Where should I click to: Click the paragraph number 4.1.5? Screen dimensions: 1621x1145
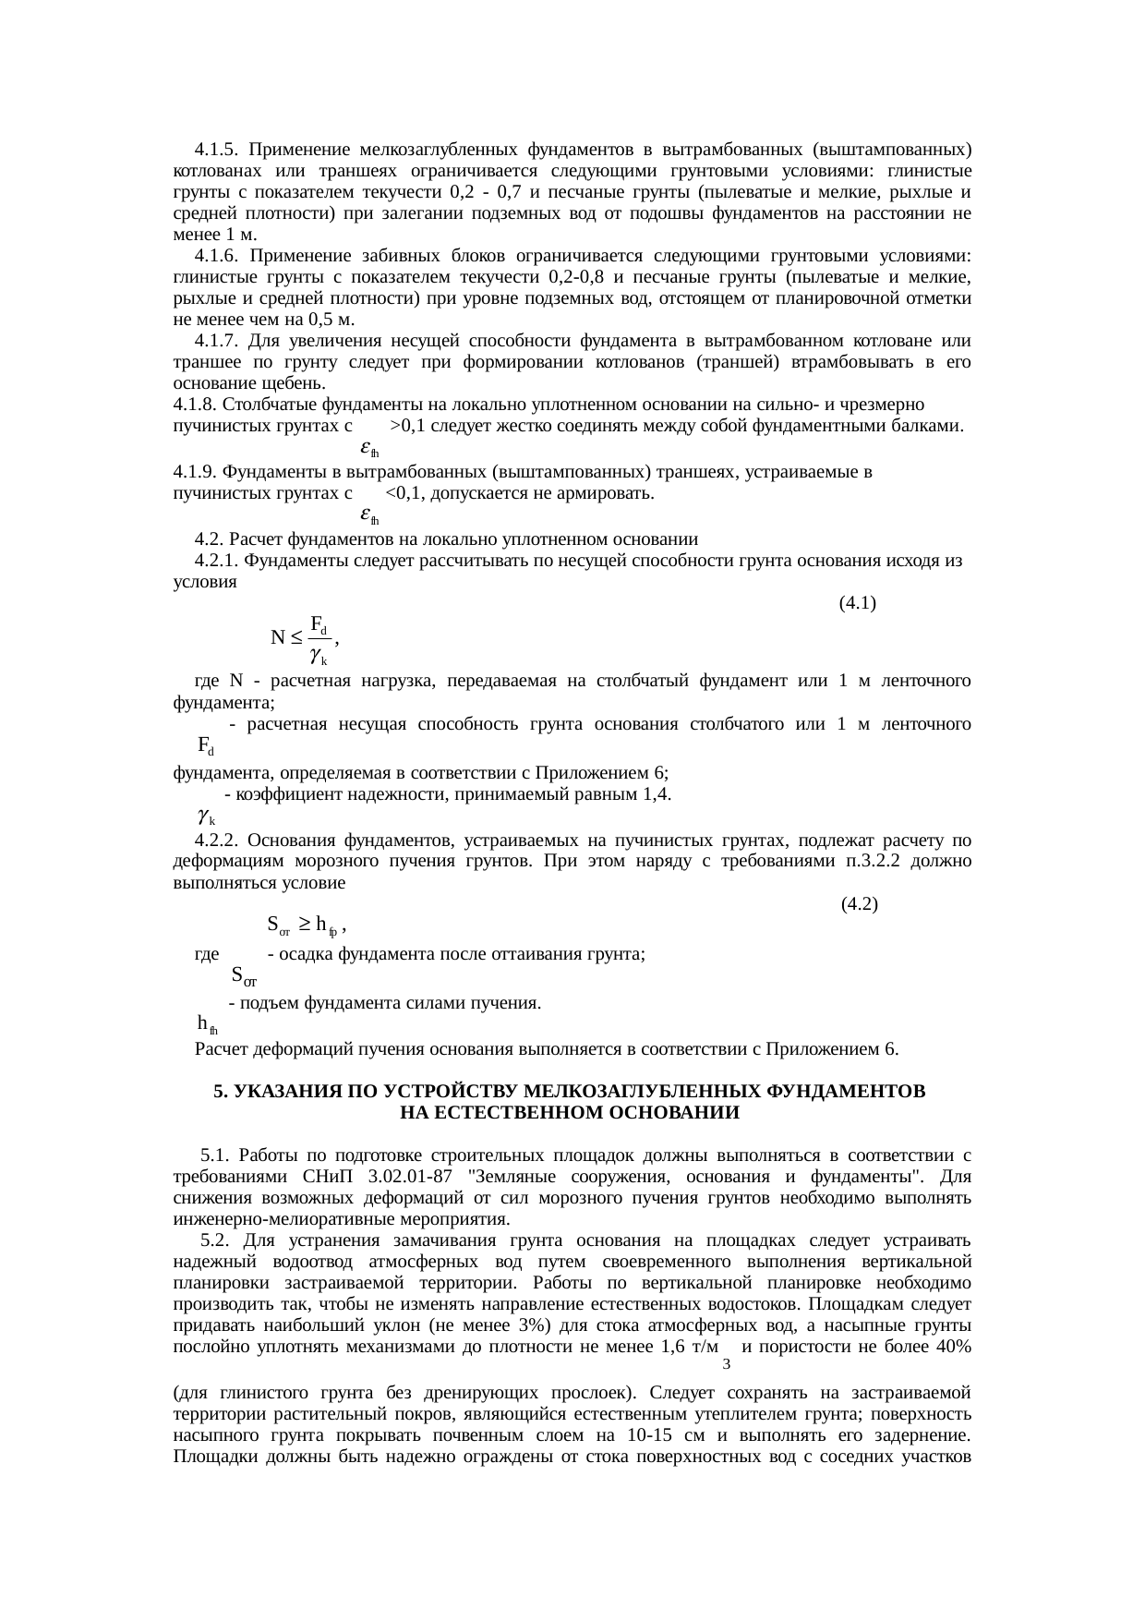click(x=217, y=150)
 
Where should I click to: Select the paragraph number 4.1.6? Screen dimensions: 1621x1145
click(x=217, y=256)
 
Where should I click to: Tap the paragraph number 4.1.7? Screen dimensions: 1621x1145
click(x=217, y=341)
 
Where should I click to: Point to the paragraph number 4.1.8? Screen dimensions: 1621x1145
click(x=195, y=405)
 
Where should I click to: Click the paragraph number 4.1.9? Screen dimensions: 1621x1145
click(x=195, y=473)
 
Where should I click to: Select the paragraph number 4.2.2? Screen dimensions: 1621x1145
click(x=217, y=841)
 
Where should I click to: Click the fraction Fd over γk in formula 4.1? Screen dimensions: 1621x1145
click(x=320, y=638)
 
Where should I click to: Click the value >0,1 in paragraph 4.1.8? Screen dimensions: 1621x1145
click(x=407, y=427)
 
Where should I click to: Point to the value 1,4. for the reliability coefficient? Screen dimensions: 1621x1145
click(x=656, y=794)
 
